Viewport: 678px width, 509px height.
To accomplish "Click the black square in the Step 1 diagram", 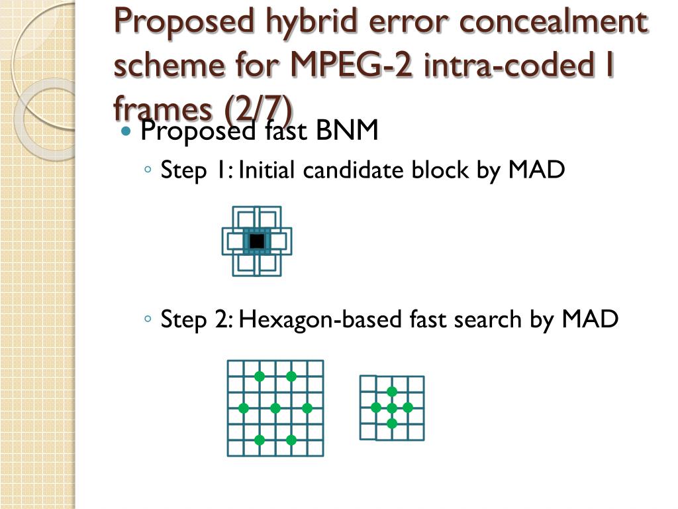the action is coord(257,241).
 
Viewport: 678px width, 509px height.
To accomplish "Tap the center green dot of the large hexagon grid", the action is coord(275,408).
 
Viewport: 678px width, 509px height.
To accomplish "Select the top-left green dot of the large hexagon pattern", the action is coord(260,376).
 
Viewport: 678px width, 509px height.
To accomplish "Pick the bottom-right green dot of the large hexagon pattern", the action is coord(291,439).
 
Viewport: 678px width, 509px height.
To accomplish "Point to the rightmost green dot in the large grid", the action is coord(307,408).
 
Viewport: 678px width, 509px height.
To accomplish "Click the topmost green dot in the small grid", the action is coord(392,392).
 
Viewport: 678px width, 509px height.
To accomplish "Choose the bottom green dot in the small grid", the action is coord(392,424).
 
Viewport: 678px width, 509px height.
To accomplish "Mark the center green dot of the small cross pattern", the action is coord(392,408).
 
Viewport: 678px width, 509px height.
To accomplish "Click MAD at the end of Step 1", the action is coord(537,170).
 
